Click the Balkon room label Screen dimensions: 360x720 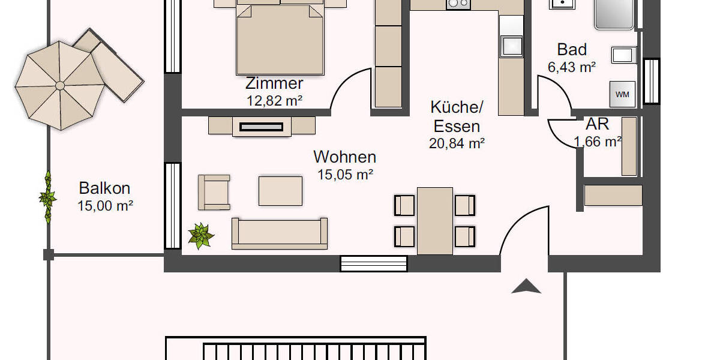click(x=104, y=188)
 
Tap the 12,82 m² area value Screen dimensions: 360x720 click(x=274, y=101)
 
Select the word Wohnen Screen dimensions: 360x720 click(x=345, y=157)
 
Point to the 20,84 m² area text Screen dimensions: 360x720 click(x=457, y=143)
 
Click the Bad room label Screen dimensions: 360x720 click(x=572, y=49)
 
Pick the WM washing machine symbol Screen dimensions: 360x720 click(x=622, y=94)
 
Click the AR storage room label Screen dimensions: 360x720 click(x=597, y=124)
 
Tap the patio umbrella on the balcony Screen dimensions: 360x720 click(x=59, y=85)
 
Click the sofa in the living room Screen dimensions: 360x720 click(x=280, y=234)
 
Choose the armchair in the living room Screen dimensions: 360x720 click(x=214, y=193)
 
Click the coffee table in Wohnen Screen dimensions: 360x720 click(x=280, y=191)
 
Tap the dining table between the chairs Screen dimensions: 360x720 click(x=434, y=220)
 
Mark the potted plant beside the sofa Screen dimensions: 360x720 click(x=200, y=235)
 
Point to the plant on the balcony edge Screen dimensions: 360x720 click(x=47, y=197)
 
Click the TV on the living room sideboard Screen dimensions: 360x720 click(x=262, y=127)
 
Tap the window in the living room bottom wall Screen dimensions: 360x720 click(x=373, y=263)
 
